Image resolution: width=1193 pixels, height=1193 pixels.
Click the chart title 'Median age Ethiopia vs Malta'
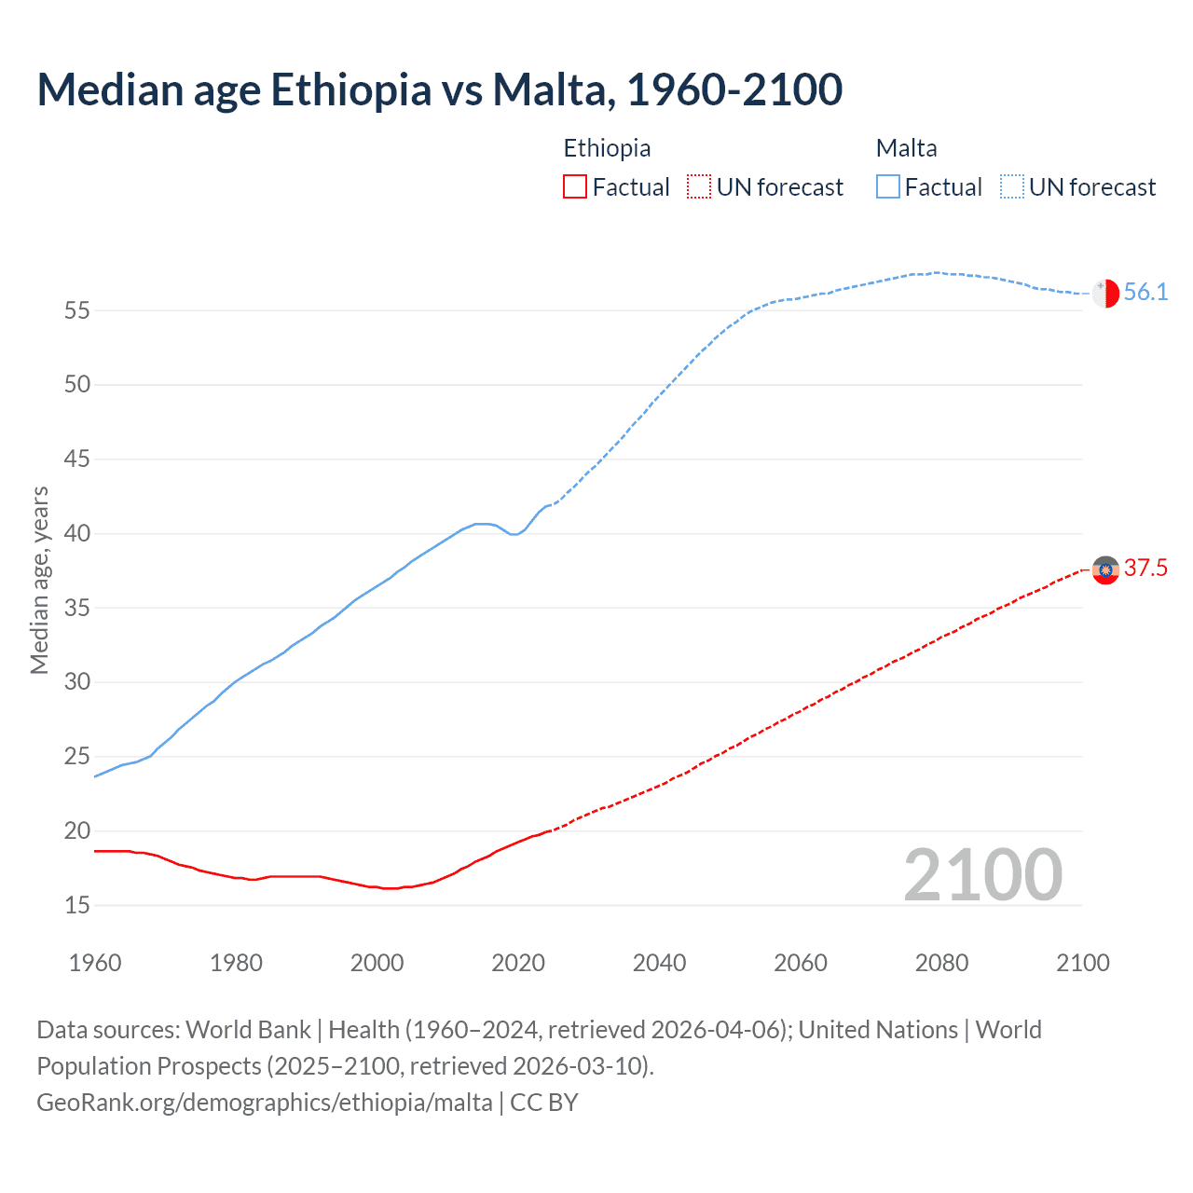439,89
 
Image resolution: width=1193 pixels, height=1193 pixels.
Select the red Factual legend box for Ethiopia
575,187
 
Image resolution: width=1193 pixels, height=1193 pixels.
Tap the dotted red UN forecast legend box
699,187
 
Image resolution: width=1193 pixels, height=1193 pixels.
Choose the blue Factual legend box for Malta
888,187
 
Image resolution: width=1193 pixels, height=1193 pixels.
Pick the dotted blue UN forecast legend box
1012,187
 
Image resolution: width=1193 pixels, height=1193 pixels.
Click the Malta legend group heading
906,148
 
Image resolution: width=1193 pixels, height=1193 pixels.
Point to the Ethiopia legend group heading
607,148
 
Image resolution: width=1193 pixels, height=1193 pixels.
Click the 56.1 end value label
1145,292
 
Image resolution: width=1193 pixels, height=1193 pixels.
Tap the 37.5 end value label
1145,568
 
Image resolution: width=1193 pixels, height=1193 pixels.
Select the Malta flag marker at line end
1105,293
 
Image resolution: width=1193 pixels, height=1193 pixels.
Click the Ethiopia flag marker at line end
1105,569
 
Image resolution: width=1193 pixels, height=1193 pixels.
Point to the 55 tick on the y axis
76,310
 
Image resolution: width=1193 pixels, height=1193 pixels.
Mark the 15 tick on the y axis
76,905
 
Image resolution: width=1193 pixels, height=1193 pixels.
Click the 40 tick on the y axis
76,534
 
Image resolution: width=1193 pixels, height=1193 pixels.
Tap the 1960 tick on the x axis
95,963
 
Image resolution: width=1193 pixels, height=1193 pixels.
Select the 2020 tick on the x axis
518,963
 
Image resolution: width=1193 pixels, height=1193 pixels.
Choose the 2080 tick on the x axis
941,963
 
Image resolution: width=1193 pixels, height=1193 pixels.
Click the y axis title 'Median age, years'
39,580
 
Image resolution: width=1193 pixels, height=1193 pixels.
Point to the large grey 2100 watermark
982,874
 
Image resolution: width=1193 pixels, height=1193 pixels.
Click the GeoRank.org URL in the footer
265,1103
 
